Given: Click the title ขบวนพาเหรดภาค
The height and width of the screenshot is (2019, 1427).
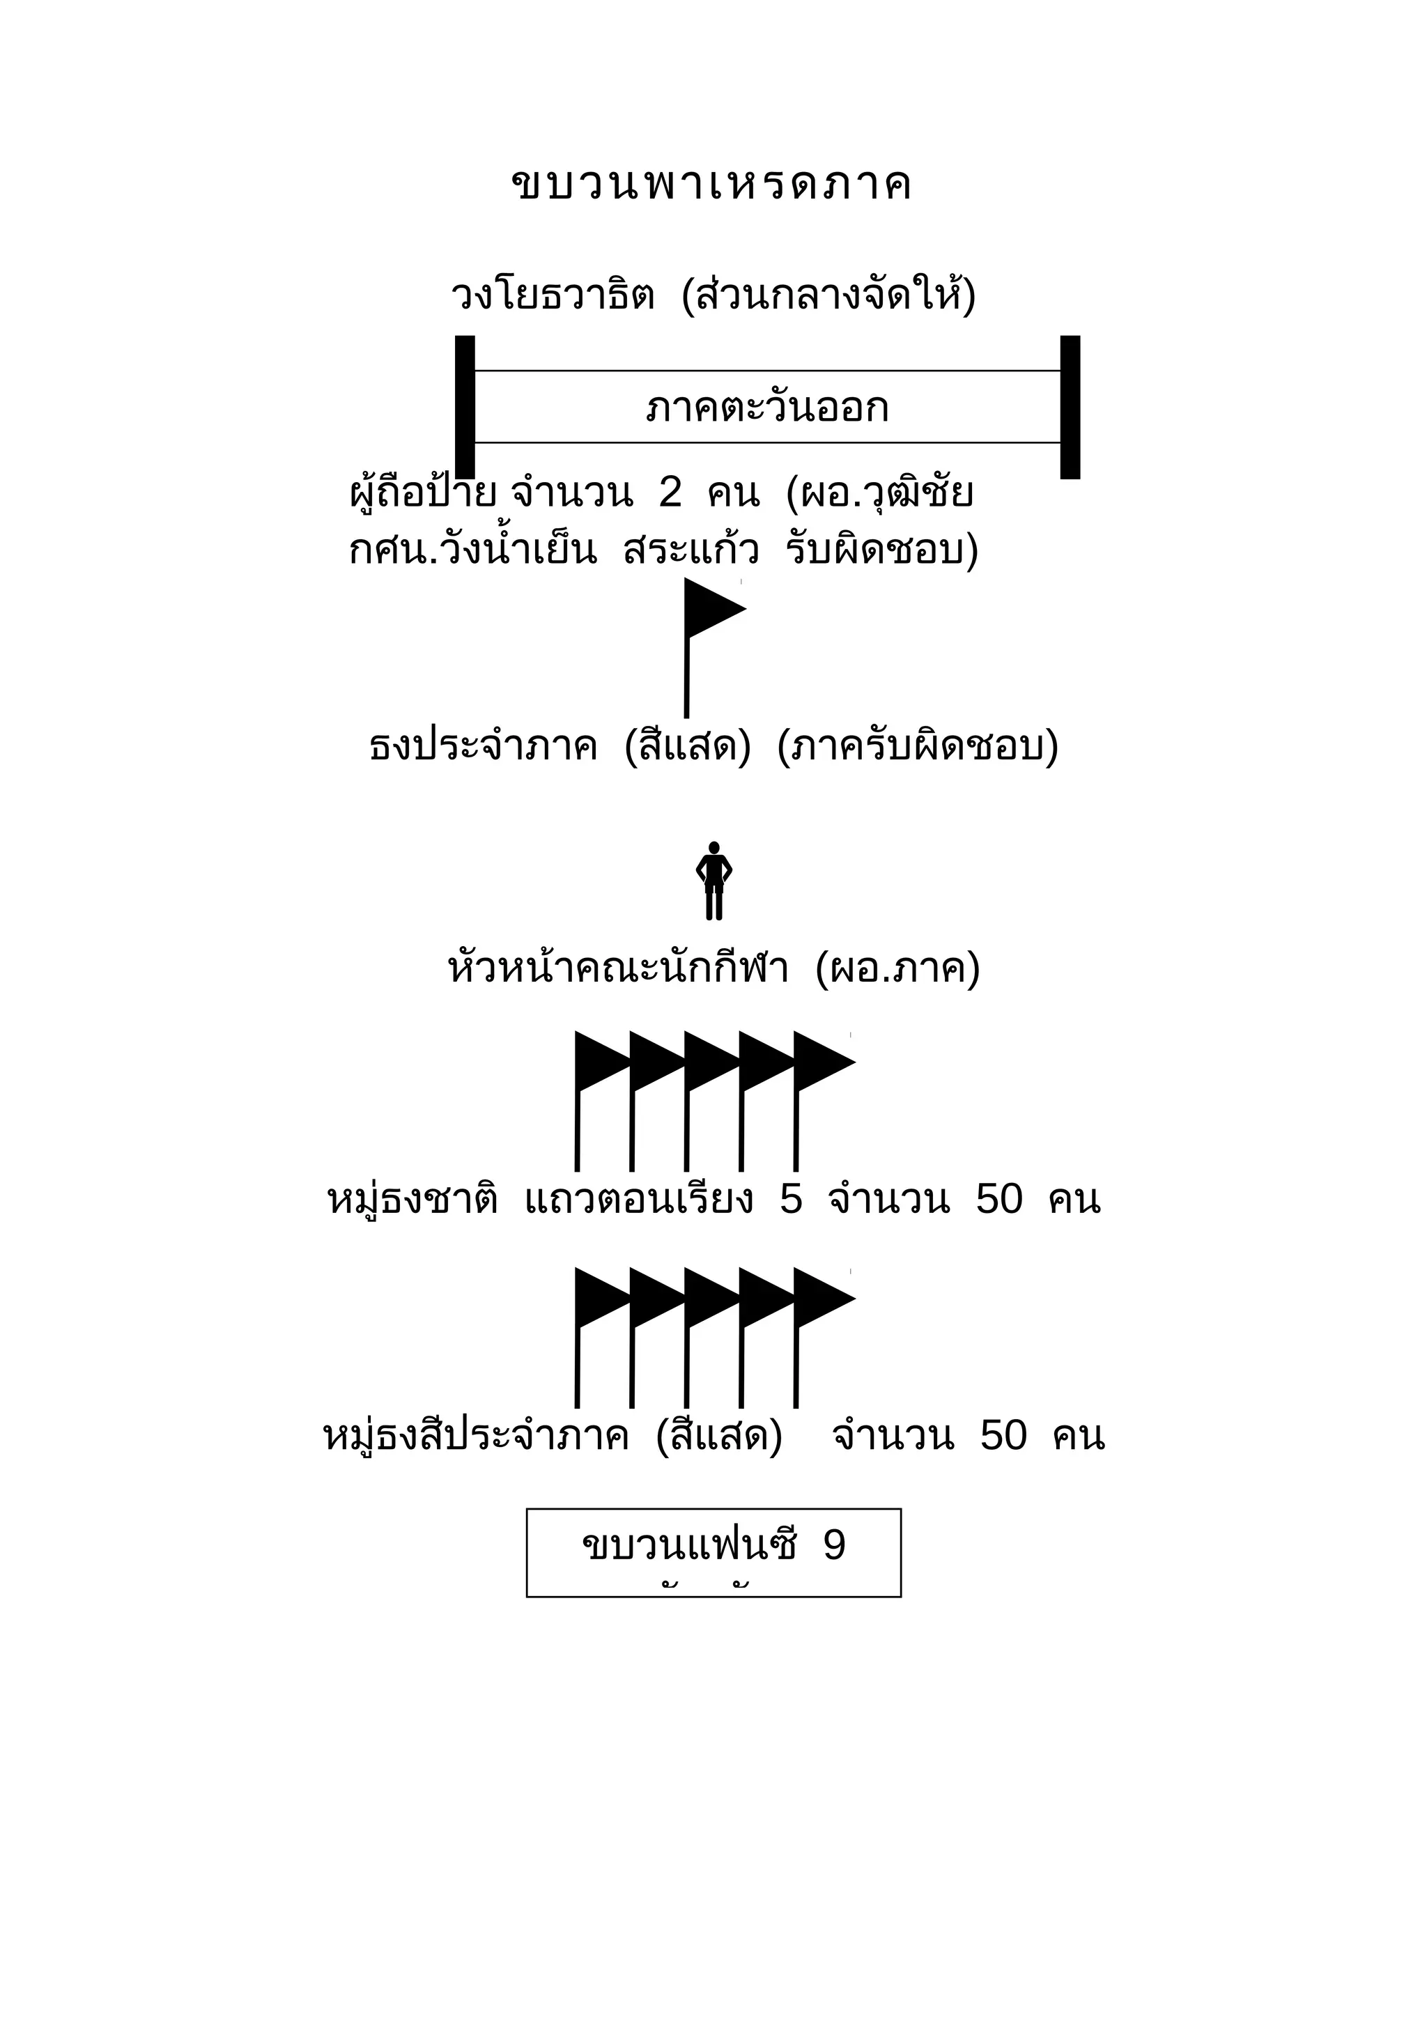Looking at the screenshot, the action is click(711, 185).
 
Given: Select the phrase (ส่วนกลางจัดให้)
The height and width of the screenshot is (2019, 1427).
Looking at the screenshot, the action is click(828, 295).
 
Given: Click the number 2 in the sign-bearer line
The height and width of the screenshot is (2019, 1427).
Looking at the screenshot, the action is click(670, 493).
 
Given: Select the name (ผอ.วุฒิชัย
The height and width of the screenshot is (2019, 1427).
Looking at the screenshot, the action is click(880, 493).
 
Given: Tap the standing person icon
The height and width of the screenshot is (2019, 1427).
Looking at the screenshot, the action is click(714, 880).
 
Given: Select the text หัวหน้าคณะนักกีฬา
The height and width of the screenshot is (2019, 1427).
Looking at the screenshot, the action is click(618, 969).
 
